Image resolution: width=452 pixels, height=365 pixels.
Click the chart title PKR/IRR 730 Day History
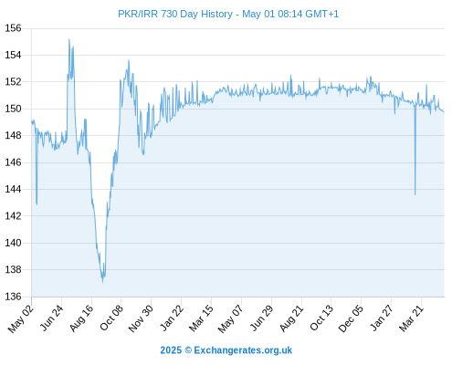tap(175, 14)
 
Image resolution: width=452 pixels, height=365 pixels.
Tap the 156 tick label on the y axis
tap(13, 28)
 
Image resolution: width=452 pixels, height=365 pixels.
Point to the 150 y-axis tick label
tap(13, 109)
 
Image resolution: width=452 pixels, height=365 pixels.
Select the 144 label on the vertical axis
tap(13, 189)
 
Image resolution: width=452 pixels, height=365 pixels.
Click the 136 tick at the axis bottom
tap(13, 297)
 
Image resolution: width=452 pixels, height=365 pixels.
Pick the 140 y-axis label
tap(13, 243)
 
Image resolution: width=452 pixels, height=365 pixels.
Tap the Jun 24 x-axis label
tap(51, 318)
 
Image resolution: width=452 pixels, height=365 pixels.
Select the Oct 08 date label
tap(111, 318)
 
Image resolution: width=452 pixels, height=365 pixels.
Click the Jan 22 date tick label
tap(172, 318)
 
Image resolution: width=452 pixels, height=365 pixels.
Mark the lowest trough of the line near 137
tap(103, 282)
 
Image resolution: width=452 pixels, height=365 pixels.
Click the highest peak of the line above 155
tap(69, 39)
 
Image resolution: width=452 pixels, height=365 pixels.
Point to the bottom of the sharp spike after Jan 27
tap(415, 194)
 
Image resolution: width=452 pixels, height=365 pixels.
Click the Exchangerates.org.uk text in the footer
tap(243, 350)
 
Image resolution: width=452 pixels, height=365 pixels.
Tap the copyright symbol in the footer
tap(188, 350)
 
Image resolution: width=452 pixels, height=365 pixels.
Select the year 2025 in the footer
tap(171, 350)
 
